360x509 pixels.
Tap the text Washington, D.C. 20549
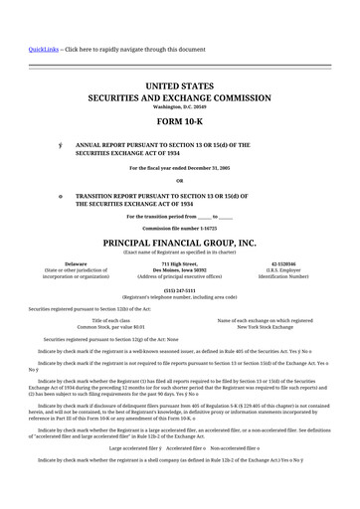179,106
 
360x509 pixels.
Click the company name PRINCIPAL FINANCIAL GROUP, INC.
179,243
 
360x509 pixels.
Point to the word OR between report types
179,180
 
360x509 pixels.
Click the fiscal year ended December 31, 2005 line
179,168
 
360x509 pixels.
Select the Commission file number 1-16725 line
179,228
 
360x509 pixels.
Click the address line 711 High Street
179,263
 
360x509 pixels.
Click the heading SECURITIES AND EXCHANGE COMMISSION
179,99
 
